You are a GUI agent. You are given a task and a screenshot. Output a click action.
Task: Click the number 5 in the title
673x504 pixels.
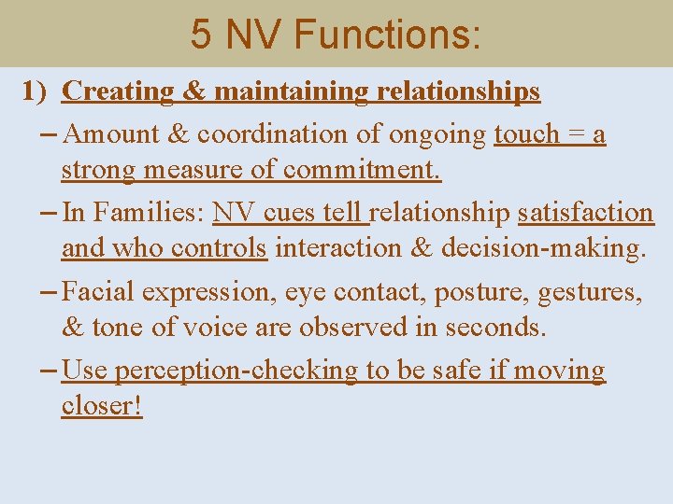(x=201, y=35)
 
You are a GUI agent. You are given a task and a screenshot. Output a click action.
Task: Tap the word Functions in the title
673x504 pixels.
(x=387, y=35)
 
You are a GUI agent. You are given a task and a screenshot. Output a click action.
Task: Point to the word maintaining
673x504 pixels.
(x=292, y=91)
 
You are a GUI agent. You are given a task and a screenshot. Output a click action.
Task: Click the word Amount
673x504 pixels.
(x=114, y=134)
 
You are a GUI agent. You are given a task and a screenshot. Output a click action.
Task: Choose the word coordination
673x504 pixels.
(x=264, y=134)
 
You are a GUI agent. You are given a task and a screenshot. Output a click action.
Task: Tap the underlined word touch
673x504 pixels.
(x=525, y=134)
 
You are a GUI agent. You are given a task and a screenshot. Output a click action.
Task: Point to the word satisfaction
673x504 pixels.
(x=586, y=213)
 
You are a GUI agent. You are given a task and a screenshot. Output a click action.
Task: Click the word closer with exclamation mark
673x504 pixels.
(x=102, y=407)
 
